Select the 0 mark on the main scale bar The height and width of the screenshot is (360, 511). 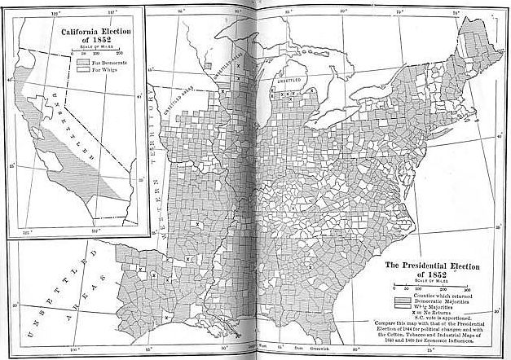(395, 288)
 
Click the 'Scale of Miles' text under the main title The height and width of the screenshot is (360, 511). (430, 282)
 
